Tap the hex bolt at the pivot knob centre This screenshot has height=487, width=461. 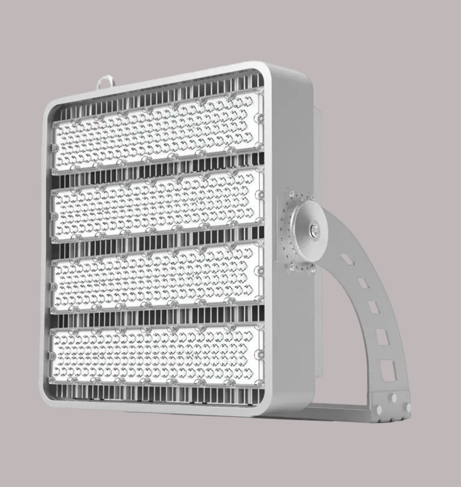(x=314, y=229)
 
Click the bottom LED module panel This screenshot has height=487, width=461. (x=157, y=355)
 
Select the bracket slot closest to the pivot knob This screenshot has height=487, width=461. (x=347, y=259)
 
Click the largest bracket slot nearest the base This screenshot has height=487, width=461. (x=388, y=370)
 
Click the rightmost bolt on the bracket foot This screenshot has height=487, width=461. (x=407, y=407)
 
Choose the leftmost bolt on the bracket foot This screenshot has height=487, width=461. (x=378, y=409)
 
